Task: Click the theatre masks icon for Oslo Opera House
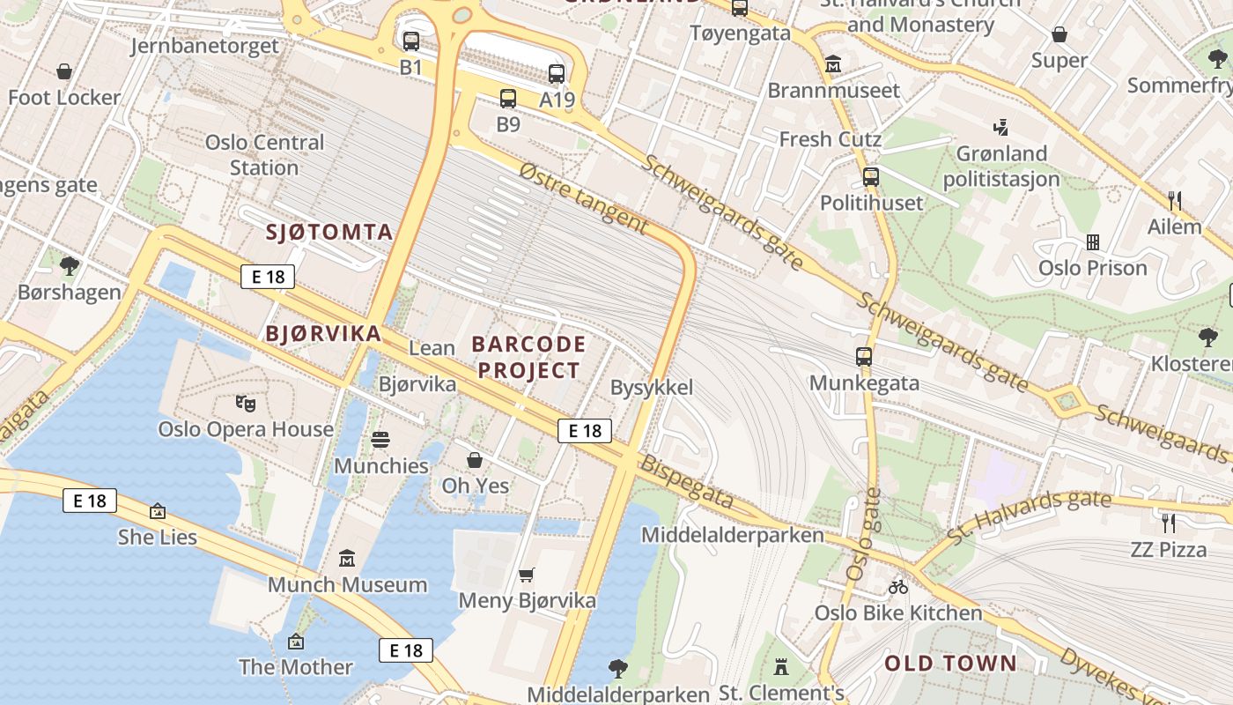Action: [246, 404]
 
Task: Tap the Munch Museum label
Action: [347, 584]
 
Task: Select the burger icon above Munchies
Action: [380, 439]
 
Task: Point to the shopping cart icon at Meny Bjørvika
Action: [527, 575]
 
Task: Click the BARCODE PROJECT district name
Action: [528, 357]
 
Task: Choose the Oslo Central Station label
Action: [264, 155]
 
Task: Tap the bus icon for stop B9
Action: [508, 99]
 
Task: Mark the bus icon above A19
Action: [556, 74]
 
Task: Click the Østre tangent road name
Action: [583, 198]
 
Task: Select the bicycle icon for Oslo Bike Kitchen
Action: [897, 587]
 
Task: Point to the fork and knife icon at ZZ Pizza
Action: [1169, 523]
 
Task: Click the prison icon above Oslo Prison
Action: [1093, 241]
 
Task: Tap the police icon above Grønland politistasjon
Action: [1000, 127]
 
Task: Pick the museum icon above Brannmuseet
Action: [833, 64]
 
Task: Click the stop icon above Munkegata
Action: [864, 357]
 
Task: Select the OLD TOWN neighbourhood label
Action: [950, 664]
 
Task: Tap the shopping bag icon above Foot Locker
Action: [64, 71]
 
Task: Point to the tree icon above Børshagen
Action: [70, 265]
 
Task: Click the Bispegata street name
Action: [686, 483]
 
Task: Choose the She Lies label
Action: [158, 537]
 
